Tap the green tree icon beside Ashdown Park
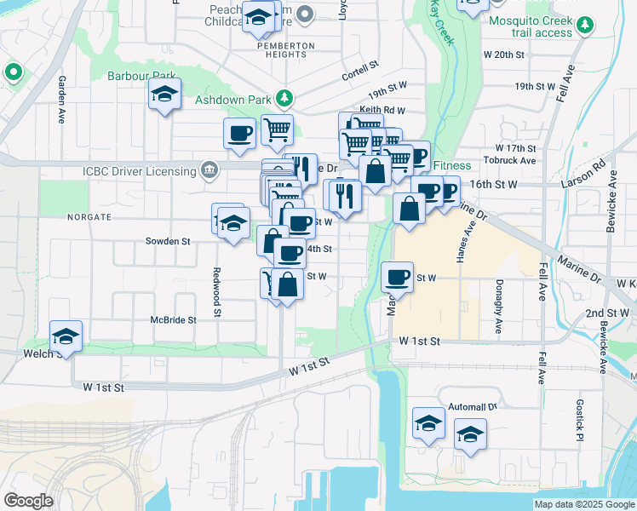pos(289,100)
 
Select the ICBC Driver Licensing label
pos(140,171)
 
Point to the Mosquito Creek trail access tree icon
pos(584,26)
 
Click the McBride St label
pos(174,320)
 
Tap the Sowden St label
pos(168,241)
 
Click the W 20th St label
pos(504,54)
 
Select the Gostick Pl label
pos(579,416)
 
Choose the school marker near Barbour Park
pos(164,96)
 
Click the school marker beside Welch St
pos(66,337)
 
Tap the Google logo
pos(28,500)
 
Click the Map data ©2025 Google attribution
pos(583,504)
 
